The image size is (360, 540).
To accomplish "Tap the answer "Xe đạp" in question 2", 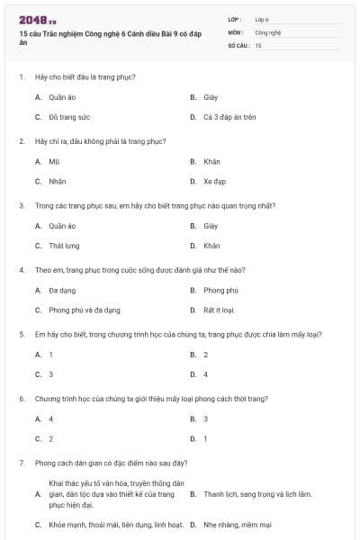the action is click(x=214, y=181).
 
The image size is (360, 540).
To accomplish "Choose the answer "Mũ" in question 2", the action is click(x=54, y=161).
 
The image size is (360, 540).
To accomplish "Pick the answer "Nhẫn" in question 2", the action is click(x=57, y=181).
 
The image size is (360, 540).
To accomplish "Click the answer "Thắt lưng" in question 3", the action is click(x=64, y=245).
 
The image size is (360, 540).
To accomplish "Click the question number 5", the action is click(x=21, y=334).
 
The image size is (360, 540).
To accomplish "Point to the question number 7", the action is click(x=21, y=463).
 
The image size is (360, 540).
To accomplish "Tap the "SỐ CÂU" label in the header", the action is click(x=238, y=44).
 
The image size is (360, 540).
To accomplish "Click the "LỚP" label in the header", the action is click(x=235, y=19).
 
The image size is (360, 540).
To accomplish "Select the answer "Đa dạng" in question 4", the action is click(x=62, y=290).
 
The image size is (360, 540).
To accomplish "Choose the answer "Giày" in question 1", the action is click(x=211, y=96).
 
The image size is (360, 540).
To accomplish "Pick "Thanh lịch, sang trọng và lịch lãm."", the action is click(x=257, y=493).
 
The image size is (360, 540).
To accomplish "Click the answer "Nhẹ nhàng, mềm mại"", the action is click(x=237, y=525).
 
